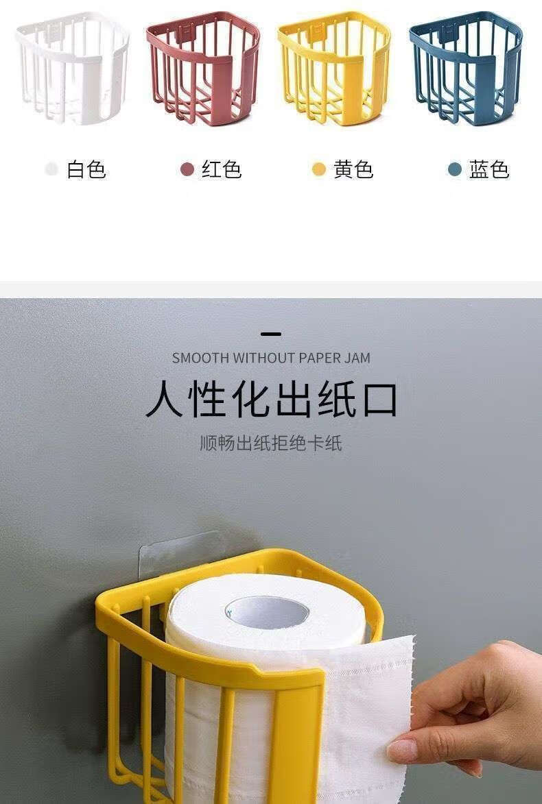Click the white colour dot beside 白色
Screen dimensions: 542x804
(51, 169)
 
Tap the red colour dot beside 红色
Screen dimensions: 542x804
(187, 169)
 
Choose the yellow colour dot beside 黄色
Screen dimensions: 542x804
(319, 169)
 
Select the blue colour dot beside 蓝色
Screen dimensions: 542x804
(455, 169)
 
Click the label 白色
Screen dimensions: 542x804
(86, 169)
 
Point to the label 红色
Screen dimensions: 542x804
(222, 169)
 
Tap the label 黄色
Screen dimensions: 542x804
(353, 169)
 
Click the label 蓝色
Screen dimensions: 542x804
(489, 169)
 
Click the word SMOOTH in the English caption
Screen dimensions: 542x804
(200, 358)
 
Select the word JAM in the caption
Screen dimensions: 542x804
(357, 358)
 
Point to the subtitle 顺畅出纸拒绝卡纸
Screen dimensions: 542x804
(271, 443)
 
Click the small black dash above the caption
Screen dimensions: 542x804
(271, 334)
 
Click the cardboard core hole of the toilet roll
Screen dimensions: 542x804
(267, 611)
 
